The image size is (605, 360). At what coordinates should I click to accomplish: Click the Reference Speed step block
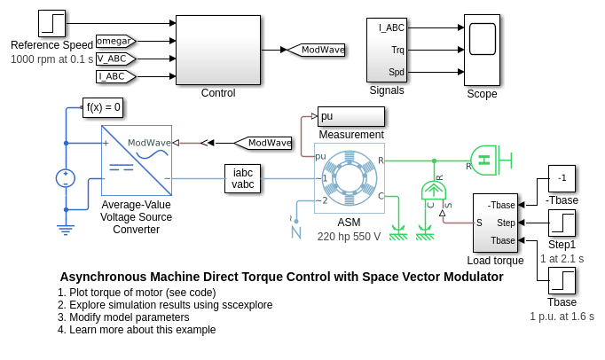[52, 24]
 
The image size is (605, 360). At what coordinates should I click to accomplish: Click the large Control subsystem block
[218, 50]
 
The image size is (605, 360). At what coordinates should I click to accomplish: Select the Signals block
[386, 50]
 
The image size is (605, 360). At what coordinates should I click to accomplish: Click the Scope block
[482, 50]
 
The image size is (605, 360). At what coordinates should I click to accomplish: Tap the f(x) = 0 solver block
[103, 108]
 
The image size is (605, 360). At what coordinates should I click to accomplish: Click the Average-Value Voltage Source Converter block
[136, 160]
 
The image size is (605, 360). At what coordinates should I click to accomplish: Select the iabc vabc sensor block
[243, 178]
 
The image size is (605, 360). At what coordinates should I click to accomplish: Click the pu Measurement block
[351, 116]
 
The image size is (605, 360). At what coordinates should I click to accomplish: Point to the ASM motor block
[349, 178]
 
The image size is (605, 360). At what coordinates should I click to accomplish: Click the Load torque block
[495, 223]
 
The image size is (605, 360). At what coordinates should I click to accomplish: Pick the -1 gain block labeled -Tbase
[562, 177]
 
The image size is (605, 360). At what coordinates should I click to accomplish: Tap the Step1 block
[562, 223]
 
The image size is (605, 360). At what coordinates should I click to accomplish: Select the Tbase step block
[562, 282]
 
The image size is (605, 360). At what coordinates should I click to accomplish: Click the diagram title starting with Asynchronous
[281, 277]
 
